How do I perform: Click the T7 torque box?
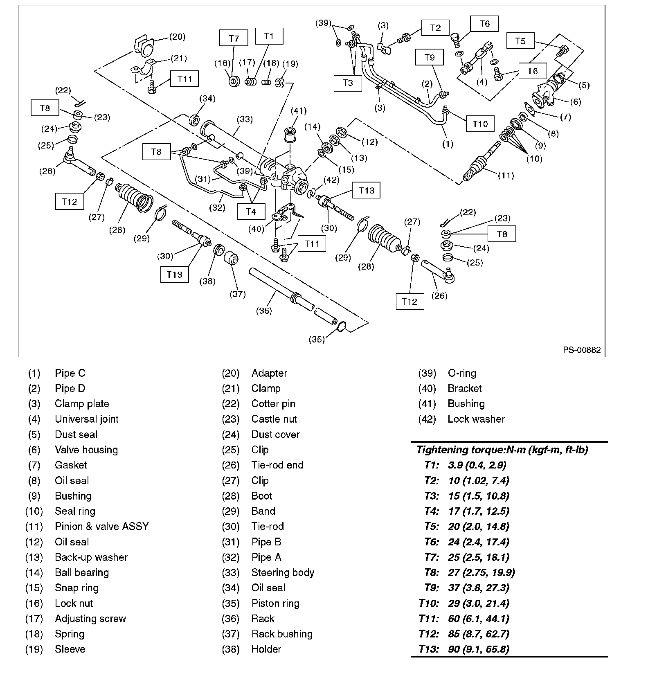point(234,38)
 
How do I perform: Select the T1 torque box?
point(269,36)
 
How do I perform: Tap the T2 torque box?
point(435,27)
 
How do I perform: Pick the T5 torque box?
point(520,41)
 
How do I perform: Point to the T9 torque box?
point(429,57)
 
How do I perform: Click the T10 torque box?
point(480,124)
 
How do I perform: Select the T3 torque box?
point(347,83)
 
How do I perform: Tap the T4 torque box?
point(251,211)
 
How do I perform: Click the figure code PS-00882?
point(582,350)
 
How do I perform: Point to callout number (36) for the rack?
point(264,311)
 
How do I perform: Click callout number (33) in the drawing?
point(245,119)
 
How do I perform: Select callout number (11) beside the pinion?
point(506,175)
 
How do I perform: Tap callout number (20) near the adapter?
point(177,37)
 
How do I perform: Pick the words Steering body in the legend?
point(283,572)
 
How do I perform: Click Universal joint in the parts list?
point(86,419)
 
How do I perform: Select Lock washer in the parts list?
point(476,419)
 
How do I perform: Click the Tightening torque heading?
point(502,450)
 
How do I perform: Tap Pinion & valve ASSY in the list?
point(102,526)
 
